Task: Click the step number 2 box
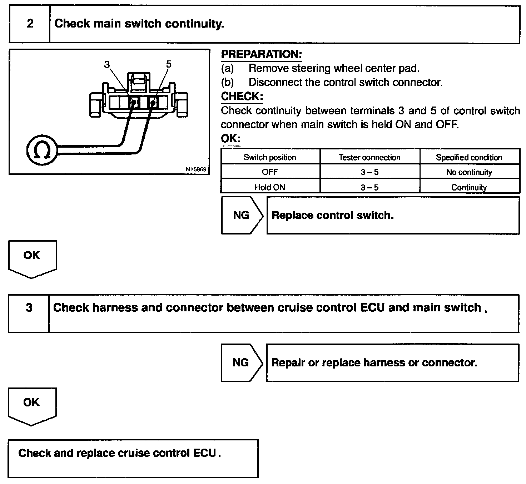click(x=30, y=24)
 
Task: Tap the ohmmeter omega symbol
click(x=42, y=150)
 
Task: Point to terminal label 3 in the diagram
click(x=107, y=64)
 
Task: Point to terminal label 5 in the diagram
click(x=169, y=64)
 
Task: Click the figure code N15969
click(x=196, y=169)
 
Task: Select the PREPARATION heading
click(x=261, y=54)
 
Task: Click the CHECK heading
click(x=242, y=96)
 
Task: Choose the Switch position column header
click(x=270, y=157)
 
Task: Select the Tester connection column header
click(x=369, y=157)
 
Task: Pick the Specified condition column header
click(x=469, y=157)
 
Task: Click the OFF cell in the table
click(x=270, y=172)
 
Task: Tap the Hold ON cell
click(x=270, y=187)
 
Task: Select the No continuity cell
click(x=469, y=172)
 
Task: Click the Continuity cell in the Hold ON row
click(x=469, y=187)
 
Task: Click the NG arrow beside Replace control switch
click(x=242, y=215)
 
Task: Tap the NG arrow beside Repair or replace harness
click(x=241, y=362)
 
